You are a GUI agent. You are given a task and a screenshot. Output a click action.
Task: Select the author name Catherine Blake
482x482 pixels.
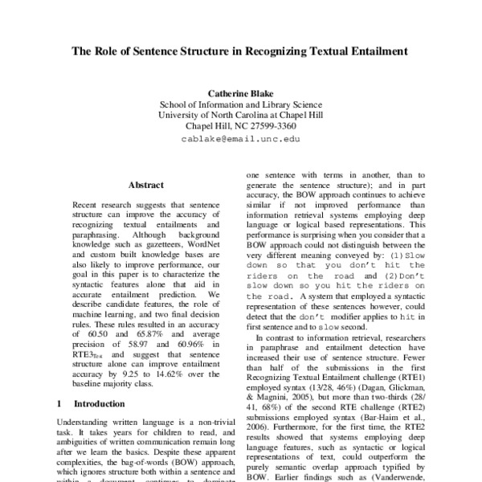point(241,92)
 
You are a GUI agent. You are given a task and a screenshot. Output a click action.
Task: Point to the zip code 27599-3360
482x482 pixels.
point(268,126)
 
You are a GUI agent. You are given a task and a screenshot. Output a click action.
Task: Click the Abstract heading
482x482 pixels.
point(146,184)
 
